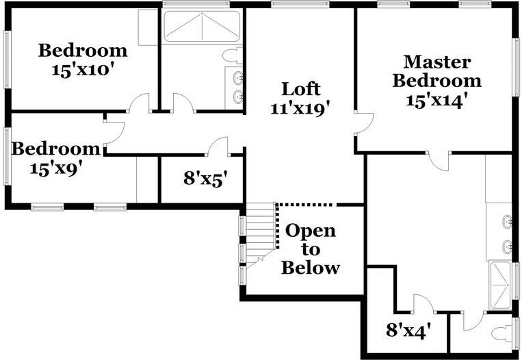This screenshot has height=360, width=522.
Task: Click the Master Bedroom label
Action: pos(436,71)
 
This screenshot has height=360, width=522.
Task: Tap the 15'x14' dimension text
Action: pos(436,101)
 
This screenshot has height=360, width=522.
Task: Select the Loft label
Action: pos(301,89)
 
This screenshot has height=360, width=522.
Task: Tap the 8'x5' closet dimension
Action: pos(205,179)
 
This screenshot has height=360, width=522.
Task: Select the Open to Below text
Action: pos(311,248)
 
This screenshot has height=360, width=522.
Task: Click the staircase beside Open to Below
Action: pos(260,233)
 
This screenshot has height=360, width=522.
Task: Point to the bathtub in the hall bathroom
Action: pos(202,29)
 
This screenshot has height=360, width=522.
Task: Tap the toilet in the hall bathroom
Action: pos(233,55)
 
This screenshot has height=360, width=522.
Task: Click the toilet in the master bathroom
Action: pos(504,334)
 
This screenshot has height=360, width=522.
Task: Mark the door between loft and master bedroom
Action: pos(363,124)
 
